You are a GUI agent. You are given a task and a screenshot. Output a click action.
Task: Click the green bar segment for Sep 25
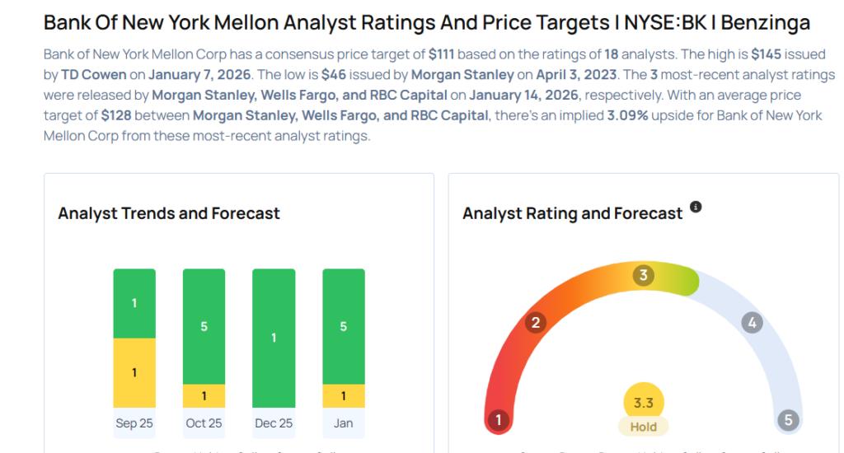134,303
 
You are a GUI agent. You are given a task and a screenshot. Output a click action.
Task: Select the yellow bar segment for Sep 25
134,372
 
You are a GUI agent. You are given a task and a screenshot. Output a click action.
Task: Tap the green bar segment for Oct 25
204,326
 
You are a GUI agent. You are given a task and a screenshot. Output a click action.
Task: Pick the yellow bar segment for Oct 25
204,396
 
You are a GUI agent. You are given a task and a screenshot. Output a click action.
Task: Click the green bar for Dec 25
274,338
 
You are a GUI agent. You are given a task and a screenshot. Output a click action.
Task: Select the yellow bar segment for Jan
343,396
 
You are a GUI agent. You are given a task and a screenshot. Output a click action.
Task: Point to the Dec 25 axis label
274,423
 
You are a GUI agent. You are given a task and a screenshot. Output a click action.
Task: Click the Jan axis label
343,423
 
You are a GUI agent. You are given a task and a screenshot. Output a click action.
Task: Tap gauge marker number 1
498,421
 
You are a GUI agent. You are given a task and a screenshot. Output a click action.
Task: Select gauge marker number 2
535,322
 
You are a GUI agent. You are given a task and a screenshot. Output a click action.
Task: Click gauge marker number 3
644,275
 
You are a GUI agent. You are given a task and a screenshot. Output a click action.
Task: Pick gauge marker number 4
751,322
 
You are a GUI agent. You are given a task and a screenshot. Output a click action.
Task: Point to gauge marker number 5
788,421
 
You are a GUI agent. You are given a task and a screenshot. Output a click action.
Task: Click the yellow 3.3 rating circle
644,403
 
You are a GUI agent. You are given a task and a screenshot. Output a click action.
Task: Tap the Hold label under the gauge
644,427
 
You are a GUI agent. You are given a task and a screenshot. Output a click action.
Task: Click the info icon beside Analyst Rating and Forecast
696,207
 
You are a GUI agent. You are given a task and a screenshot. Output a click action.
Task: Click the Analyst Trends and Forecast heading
169,213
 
